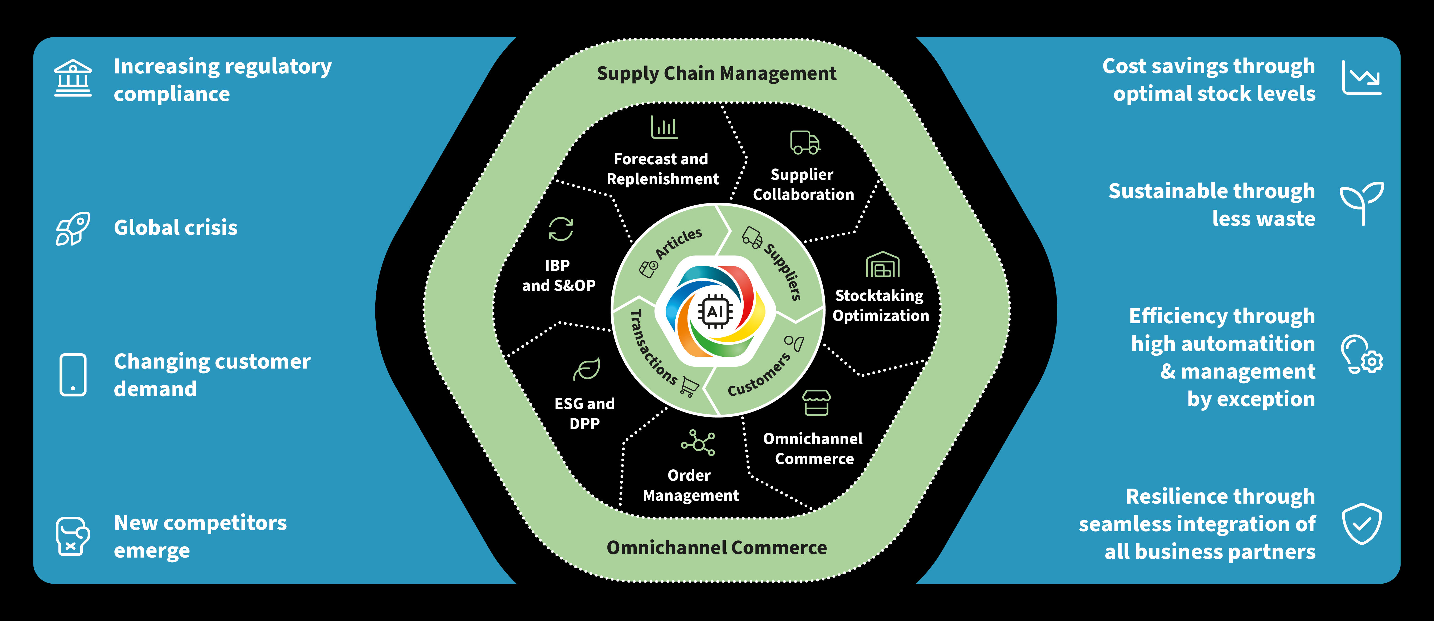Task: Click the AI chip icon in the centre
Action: click(x=715, y=312)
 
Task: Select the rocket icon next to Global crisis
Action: click(x=73, y=228)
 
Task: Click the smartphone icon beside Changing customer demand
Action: click(x=73, y=375)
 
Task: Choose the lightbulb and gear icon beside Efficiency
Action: click(x=1361, y=355)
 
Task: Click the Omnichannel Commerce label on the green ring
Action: click(x=716, y=548)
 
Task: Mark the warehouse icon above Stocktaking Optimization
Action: click(x=882, y=265)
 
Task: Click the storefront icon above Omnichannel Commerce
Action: click(x=816, y=402)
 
